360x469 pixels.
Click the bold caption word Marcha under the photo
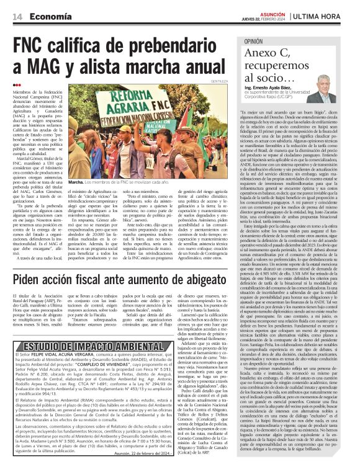tap(76, 182)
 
